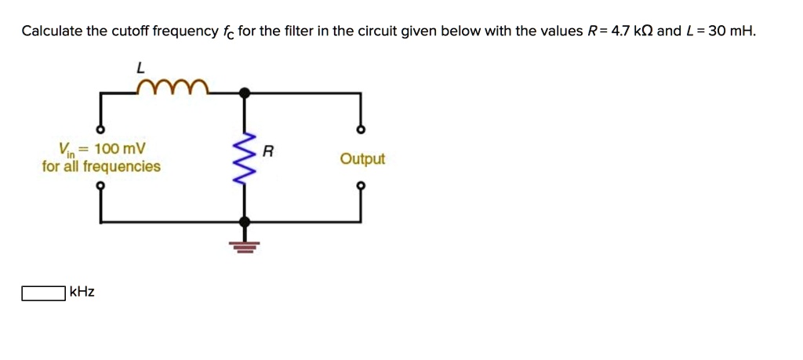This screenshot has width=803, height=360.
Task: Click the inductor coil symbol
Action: tap(172, 85)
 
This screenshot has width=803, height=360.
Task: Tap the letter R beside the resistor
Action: tap(267, 152)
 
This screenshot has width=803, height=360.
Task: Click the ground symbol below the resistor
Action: tap(245, 246)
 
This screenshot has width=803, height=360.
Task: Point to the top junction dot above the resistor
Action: tap(245, 93)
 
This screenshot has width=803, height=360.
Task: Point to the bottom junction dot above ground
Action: tap(245, 222)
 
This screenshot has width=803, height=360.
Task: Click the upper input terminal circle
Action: tap(100, 129)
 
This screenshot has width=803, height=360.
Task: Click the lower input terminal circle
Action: tap(100, 186)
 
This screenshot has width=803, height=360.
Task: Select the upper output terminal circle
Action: tap(361, 129)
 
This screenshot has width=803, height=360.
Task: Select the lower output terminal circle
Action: tap(361, 186)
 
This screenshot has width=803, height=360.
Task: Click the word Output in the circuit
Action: tap(362, 159)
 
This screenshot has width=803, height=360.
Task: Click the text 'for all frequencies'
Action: tap(101, 166)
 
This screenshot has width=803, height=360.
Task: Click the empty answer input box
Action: tap(43, 293)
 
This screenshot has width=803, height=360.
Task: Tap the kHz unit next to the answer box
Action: tap(82, 293)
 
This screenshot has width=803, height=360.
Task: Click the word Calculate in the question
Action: tap(52, 32)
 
